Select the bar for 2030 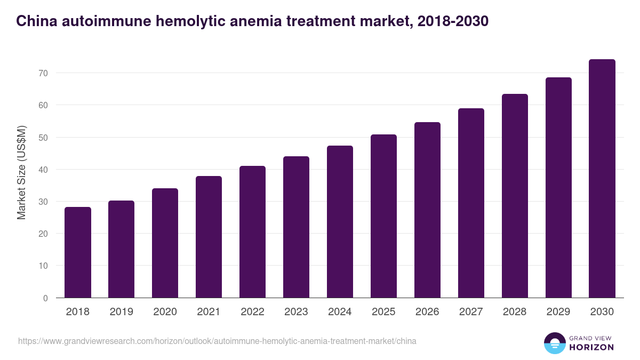pos(602,179)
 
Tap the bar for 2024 pos(340,222)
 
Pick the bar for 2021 pos(209,237)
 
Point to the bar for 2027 pos(471,203)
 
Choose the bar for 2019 pos(122,249)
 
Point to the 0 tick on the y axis pos(45,298)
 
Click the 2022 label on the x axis pos(252,312)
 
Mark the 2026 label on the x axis pos(427,312)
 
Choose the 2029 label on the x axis pos(558,312)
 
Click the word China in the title pos(37,21)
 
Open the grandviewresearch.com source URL pos(217,341)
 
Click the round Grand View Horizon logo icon pos(554,343)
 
